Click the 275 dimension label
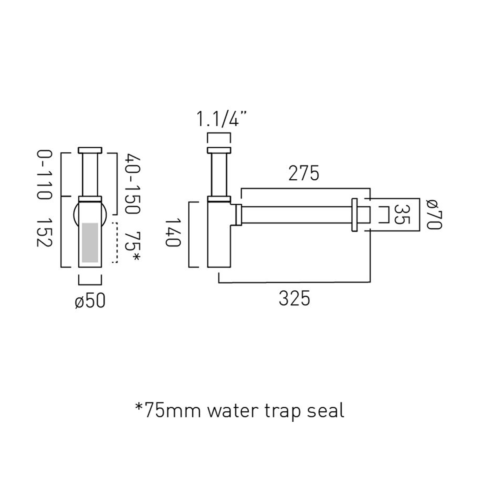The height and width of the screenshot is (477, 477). tap(304, 173)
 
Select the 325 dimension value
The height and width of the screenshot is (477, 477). tap(294, 299)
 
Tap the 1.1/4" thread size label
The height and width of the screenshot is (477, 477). tap(222, 119)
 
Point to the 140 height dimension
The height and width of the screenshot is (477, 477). tap(173, 232)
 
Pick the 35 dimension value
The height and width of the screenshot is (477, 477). tap(402, 214)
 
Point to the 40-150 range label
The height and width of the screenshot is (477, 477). tap(132, 184)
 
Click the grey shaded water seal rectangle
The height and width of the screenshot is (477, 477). tap(90, 242)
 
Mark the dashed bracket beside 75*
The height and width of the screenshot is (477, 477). tap(115, 242)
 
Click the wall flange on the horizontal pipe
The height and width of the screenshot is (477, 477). tap(355, 215)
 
